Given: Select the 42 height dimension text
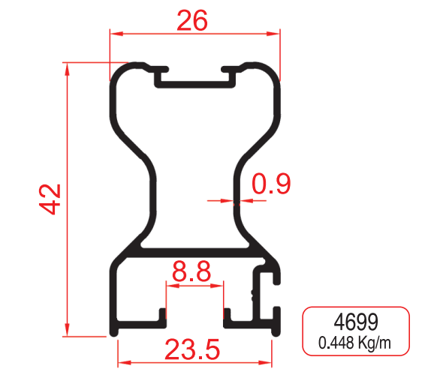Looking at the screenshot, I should pos(50,199).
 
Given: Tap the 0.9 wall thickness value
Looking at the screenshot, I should pos(271,184).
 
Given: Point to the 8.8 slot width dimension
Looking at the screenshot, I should pos(191,272).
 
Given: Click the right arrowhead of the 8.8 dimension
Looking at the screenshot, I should pos(219,285).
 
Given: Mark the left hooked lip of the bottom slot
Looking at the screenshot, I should pos(161,315).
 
